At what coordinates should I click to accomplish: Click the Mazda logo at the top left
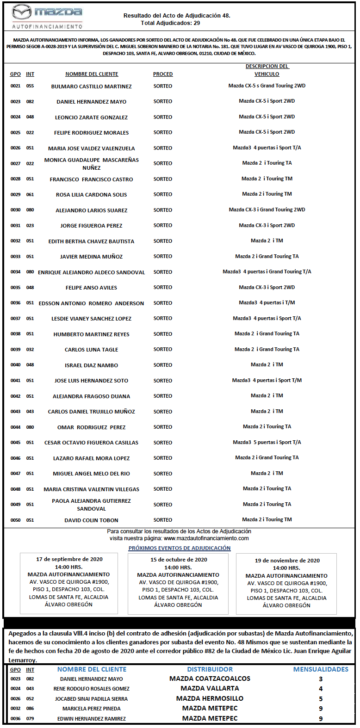coord(47,16)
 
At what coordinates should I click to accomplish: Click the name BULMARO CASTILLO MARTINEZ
coord(91,86)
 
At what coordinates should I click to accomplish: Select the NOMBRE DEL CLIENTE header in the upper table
coord(92,74)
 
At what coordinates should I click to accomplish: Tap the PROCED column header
coord(163,74)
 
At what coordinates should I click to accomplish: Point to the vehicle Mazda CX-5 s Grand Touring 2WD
coord(267,86)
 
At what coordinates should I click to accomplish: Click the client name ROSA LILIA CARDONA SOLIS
coord(91,195)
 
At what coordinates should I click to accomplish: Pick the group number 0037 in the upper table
coord(15,319)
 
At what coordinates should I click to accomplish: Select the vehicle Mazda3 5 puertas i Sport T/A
coord(267,442)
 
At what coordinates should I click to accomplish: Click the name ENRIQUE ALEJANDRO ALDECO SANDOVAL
coord(91,272)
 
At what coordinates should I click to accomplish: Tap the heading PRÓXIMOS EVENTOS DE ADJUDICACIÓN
coord(180,548)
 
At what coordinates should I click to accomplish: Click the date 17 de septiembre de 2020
coord(69,559)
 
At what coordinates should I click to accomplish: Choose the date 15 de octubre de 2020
coord(179,560)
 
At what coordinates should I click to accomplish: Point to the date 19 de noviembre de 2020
coord(287,561)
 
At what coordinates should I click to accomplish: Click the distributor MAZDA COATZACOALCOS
coord(210,679)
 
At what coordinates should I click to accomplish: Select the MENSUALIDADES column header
coord(321,669)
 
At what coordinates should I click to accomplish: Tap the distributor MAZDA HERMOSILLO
coord(210,698)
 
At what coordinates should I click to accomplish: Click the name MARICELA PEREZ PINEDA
coord(92,709)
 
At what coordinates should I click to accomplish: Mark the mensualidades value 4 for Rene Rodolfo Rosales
coord(321,689)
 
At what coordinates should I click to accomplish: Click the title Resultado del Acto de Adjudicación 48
coord(177,16)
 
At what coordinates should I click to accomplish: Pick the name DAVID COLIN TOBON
coord(91,520)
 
